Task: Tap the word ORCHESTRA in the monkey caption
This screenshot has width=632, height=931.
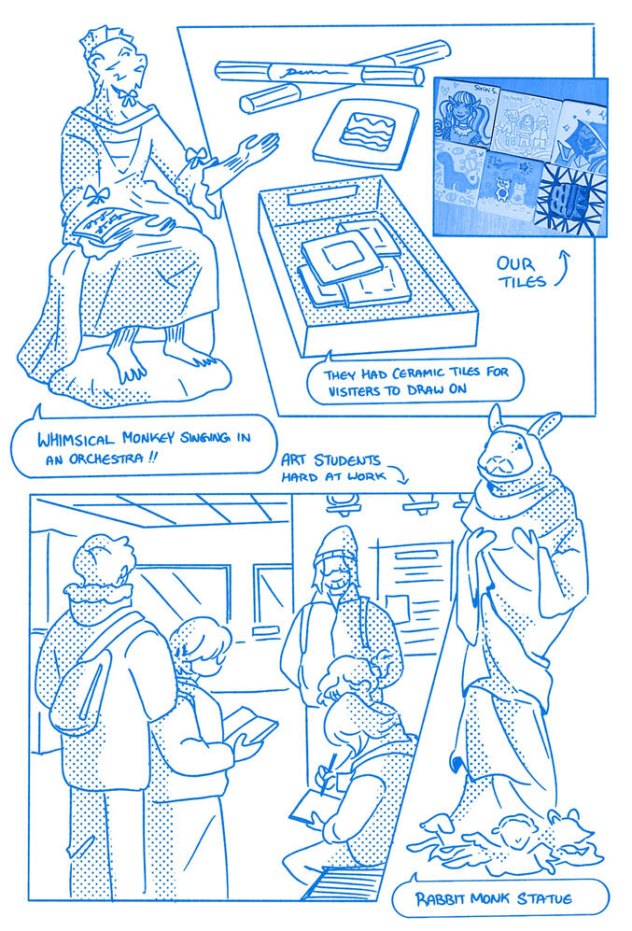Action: click(105, 459)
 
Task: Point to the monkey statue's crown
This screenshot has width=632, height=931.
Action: click(94, 39)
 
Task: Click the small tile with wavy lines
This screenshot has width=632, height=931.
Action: click(366, 133)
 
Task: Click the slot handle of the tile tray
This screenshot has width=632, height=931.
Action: click(323, 195)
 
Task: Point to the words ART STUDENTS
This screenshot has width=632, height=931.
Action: click(330, 460)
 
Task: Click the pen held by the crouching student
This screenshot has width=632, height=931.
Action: click(326, 774)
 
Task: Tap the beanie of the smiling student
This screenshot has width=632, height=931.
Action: click(336, 543)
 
